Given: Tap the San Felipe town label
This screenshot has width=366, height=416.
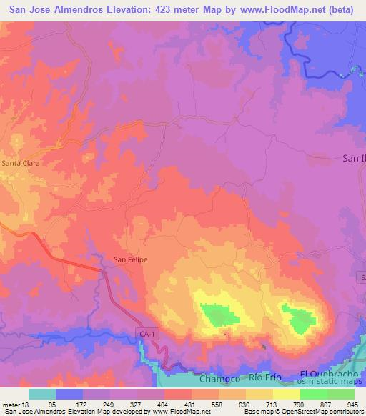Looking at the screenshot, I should pyautogui.click(x=131, y=259).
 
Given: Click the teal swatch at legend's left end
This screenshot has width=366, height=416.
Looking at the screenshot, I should pyautogui.click(x=42, y=394).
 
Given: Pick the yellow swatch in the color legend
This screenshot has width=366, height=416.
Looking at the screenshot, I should pyautogui.click(x=287, y=394).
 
